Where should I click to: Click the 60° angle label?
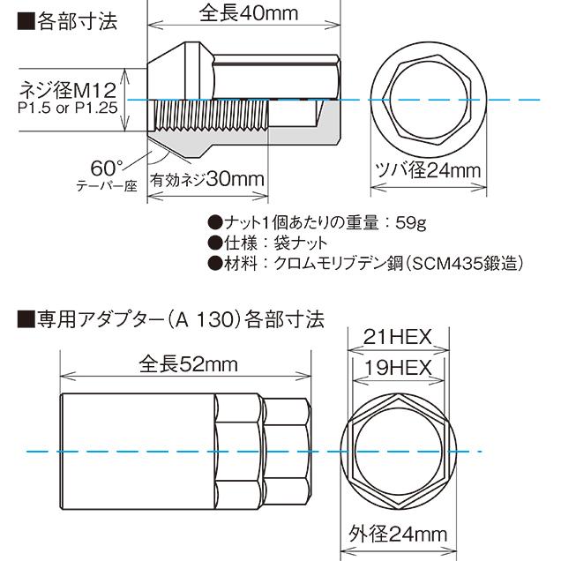pyautogui.click(x=103, y=165)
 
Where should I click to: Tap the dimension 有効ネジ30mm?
pyautogui.click(x=209, y=179)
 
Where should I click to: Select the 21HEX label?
pyautogui.click(x=397, y=335)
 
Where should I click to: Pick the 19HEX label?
pyautogui.click(x=397, y=368)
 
